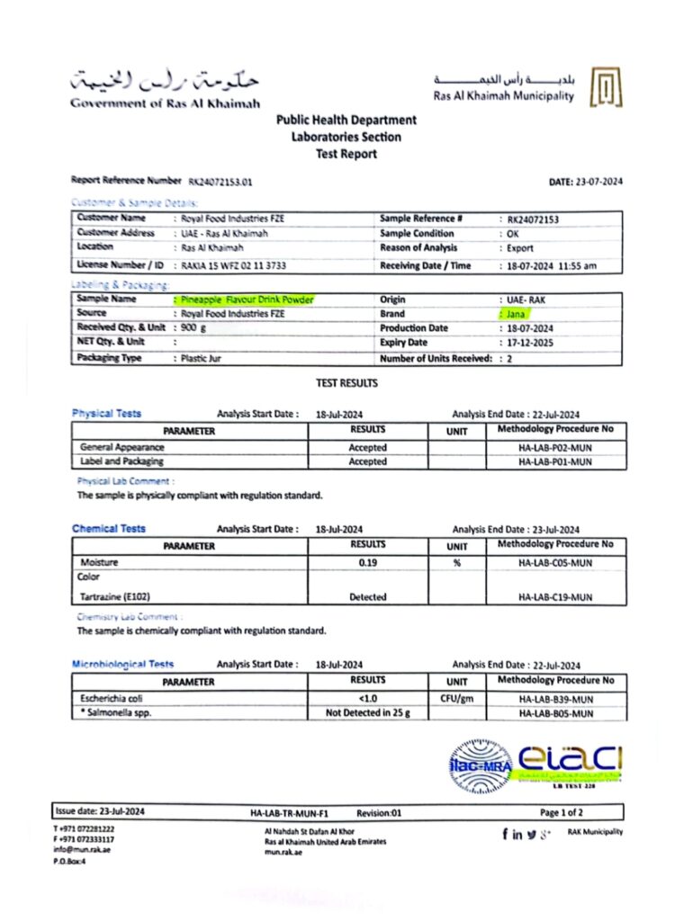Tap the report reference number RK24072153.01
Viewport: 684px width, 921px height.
tap(220, 181)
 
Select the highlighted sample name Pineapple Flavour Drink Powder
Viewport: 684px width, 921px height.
tap(244, 300)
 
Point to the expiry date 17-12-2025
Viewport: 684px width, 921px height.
tap(530, 343)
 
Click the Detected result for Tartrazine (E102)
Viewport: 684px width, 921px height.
tap(367, 596)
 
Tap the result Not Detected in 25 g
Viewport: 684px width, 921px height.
tap(367, 713)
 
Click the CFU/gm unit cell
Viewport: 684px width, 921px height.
tap(457, 698)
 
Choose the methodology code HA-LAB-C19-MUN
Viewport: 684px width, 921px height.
tap(555, 596)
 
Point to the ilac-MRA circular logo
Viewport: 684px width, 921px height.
tap(480, 766)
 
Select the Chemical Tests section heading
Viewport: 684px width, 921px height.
tap(108, 529)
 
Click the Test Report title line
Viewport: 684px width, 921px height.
tap(346, 154)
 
